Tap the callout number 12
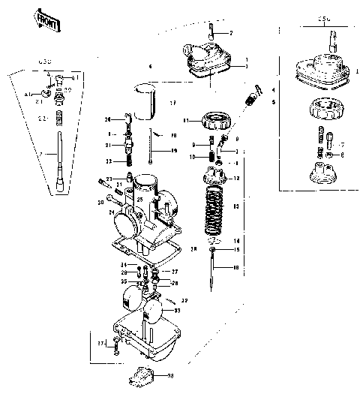[237, 179]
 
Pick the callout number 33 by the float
[176, 310]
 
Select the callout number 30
[100, 202]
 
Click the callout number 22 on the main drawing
[108, 161]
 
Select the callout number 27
[175, 272]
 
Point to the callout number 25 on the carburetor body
[139, 200]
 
